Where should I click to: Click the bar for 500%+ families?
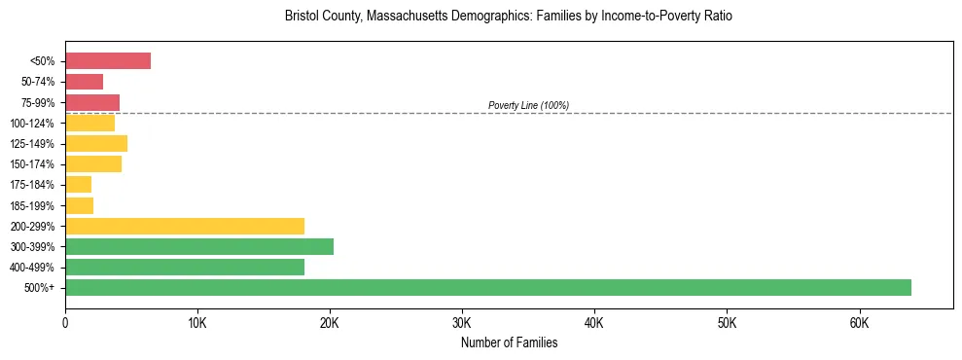pos(487,287)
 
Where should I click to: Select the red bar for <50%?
pos(107,61)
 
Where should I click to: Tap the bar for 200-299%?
pos(184,226)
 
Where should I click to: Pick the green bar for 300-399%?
pos(198,246)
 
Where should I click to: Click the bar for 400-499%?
pos(184,267)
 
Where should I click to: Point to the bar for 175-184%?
pos(78,185)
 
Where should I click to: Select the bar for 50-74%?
pos(84,82)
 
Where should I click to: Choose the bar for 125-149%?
pos(95,144)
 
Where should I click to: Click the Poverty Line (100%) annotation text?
pos(528,105)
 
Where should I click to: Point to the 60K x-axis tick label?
pos(859,323)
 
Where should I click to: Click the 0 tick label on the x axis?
pos(65,323)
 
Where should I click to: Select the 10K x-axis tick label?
pos(197,323)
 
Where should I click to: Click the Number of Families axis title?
pos(509,342)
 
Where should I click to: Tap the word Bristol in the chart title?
pos(302,17)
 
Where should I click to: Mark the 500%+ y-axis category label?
pos(40,288)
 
